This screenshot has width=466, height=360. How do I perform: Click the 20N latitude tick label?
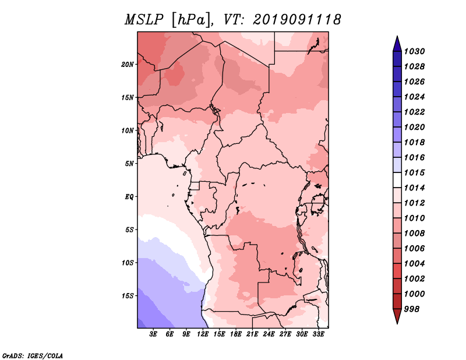pyautogui.click(x=128, y=65)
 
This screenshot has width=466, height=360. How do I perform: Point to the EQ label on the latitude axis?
pyautogui.click(x=129, y=197)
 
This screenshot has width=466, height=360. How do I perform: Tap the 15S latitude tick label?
pyautogui.click(x=128, y=296)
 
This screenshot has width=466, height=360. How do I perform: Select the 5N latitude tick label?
pyautogui.click(x=129, y=164)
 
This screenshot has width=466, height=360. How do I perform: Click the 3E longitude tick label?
pyautogui.click(x=153, y=334)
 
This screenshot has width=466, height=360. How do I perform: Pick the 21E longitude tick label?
pyautogui.click(x=252, y=334)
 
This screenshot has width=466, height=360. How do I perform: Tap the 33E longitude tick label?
pyautogui.click(x=318, y=334)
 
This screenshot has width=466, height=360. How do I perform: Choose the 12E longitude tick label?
pyautogui.click(x=202, y=334)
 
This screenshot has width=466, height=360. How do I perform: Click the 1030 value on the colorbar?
pyautogui.click(x=414, y=51)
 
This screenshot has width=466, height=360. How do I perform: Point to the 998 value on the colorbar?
pyautogui.click(x=412, y=309)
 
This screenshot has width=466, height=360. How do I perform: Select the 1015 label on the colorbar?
pyautogui.click(x=414, y=172)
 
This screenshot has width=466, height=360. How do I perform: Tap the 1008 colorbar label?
pyautogui.click(x=414, y=234)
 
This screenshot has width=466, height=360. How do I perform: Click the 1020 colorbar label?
pyautogui.click(x=414, y=127)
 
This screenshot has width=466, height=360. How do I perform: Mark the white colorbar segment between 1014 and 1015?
pyautogui.click(x=397, y=180)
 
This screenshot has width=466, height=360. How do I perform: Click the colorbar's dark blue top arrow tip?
pyautogui.click(x=397, y=36)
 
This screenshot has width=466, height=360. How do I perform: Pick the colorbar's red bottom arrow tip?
pyautogui.click(x=397, y=323)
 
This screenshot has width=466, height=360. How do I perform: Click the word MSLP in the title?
pyautogui.click(x=144, y=20)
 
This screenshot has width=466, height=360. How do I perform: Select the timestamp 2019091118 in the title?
pyautogui.click(x=297, y=20)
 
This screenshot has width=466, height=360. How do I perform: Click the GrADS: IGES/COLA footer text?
pyautogui.click(x=33, y=355)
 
